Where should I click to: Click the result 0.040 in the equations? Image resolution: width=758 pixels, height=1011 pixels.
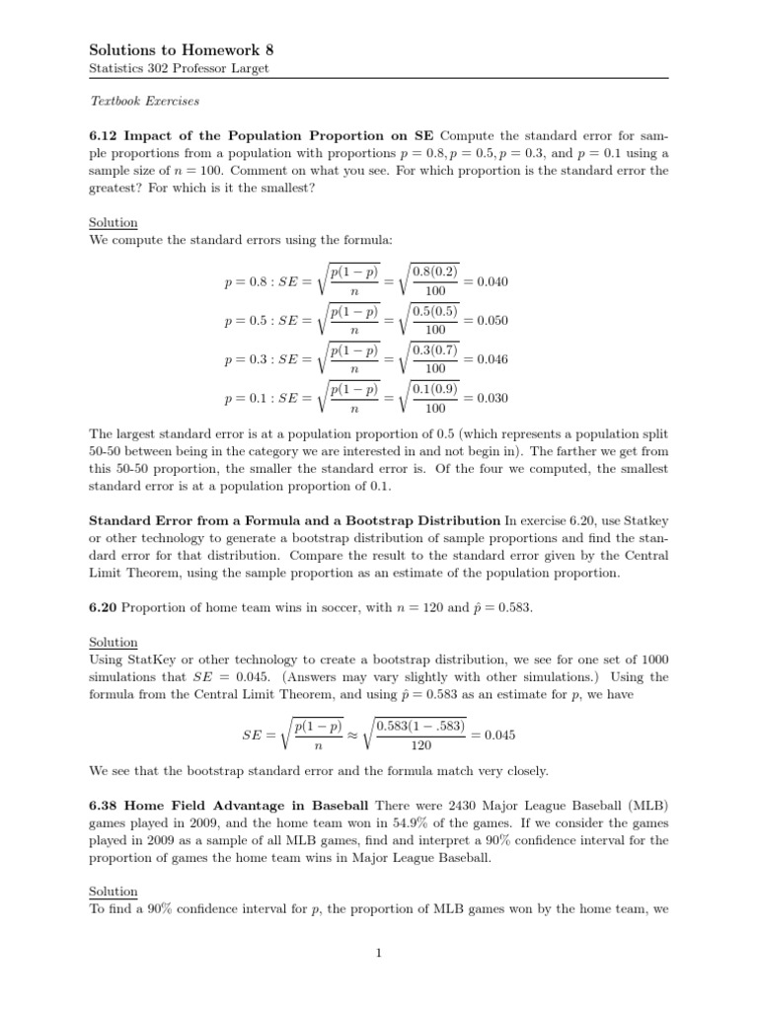[492, 281]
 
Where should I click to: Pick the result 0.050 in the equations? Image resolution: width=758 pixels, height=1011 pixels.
[492, 321]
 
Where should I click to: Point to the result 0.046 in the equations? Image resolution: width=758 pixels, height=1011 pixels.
[492, 360]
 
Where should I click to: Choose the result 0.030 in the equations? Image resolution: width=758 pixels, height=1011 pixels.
[492, 399]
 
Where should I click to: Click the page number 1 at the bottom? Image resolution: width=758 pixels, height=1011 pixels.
[379, 953]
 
